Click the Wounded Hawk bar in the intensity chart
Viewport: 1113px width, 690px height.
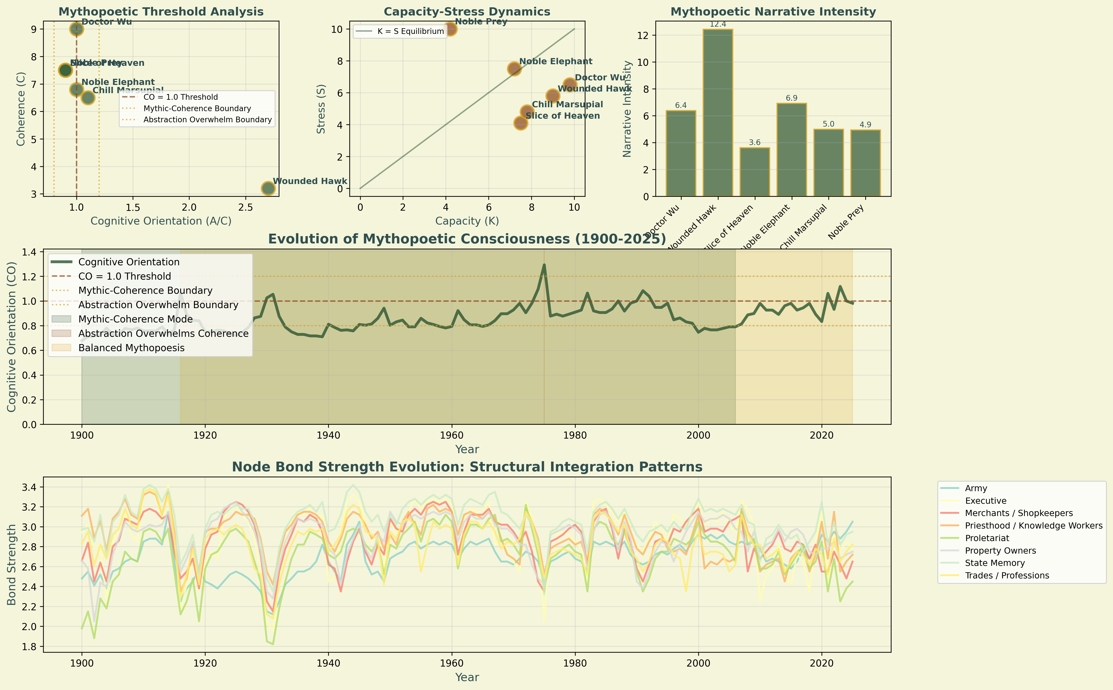click(x=717, y=113)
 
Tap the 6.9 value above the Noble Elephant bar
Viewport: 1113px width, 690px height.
click(x=791, y=98)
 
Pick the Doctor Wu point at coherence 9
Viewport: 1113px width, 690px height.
click(x=76, y=29)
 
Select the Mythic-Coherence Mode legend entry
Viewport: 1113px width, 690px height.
click(x=135, y=319)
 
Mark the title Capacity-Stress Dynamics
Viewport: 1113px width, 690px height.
click(x=467, y=12)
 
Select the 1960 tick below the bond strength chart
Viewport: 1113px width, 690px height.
click(x=452, y=663)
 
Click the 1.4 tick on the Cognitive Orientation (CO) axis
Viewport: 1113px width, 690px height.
click(x=30, y=252)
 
